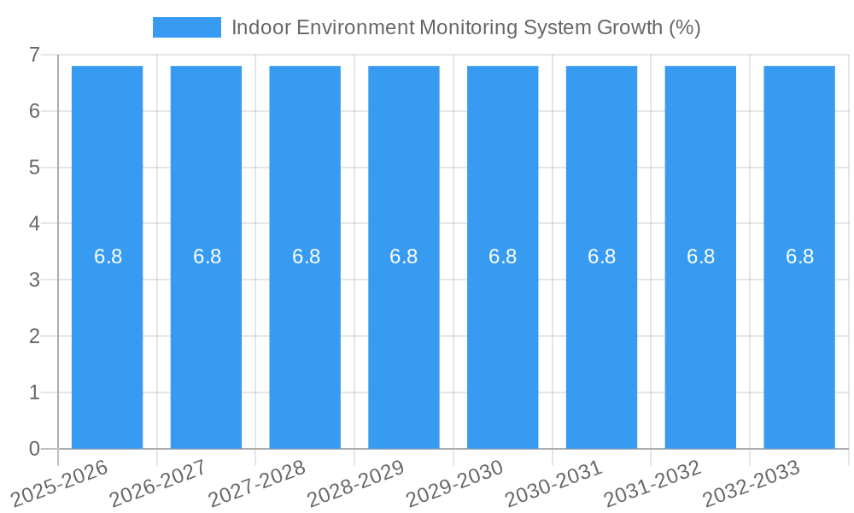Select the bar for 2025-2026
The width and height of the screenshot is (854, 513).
tap(107, 342)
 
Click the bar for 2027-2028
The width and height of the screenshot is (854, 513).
tap(305, 342)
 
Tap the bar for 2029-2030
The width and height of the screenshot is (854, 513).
tap(502, 342)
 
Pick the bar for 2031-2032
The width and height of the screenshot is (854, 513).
tap(700, 342)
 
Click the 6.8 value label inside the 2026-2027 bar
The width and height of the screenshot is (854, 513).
tap(207, 256)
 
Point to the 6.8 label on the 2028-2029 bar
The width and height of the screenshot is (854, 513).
tap(403, 256)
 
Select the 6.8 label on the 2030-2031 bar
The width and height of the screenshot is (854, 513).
tap(601, 256)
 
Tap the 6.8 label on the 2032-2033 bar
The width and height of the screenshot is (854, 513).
tap(799, 256)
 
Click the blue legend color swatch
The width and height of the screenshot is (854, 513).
tap(186, 27)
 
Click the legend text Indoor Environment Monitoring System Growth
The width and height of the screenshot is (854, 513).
tap(465, 27)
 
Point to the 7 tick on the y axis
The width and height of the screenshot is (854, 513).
tap(34, 55)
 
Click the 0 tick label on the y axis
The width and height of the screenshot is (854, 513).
tap(34, 449)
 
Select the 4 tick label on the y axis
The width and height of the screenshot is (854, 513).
tap(34, 224)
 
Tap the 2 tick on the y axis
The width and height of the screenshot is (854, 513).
tap(34, 336)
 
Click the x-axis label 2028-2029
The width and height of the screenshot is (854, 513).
tap(357, 484)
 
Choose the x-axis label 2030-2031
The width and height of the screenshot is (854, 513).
tap(555, 484)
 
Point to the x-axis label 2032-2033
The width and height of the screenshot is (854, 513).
tap(752, 484)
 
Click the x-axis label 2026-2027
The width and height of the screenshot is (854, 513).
tap(160, 484)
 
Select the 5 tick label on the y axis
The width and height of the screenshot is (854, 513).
tap(34, 168)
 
